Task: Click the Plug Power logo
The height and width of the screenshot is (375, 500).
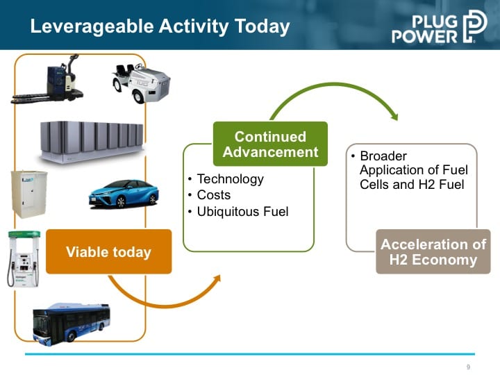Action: [440, 27]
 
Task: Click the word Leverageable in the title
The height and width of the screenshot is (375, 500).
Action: [92, 27]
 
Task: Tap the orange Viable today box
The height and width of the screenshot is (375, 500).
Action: [109, 251]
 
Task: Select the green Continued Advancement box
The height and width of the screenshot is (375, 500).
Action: [270, 144]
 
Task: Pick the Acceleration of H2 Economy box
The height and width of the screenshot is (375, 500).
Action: [433, 251]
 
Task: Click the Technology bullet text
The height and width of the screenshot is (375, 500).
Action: [231, 179]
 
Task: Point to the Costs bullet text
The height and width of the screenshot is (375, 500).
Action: [214, 195]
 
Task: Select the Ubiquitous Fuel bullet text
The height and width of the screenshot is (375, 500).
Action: [242, 211]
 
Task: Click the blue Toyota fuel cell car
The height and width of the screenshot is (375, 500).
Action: [124, 194]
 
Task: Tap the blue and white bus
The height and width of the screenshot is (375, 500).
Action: [72, 324]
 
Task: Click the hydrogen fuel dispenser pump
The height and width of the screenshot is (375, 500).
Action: [24, 258]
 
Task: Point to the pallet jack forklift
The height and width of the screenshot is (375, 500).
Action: [47, 80]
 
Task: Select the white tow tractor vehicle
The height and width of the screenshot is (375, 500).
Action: [141, 83]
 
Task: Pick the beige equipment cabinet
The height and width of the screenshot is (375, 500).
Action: [28, 194]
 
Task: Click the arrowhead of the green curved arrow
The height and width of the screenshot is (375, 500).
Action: [394, 117]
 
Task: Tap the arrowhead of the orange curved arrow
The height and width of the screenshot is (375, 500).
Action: [217, 278]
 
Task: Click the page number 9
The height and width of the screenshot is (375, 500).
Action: [468, 367]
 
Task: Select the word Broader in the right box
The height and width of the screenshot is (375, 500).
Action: [383, 156]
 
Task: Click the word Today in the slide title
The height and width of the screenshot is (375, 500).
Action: [262, 27]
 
